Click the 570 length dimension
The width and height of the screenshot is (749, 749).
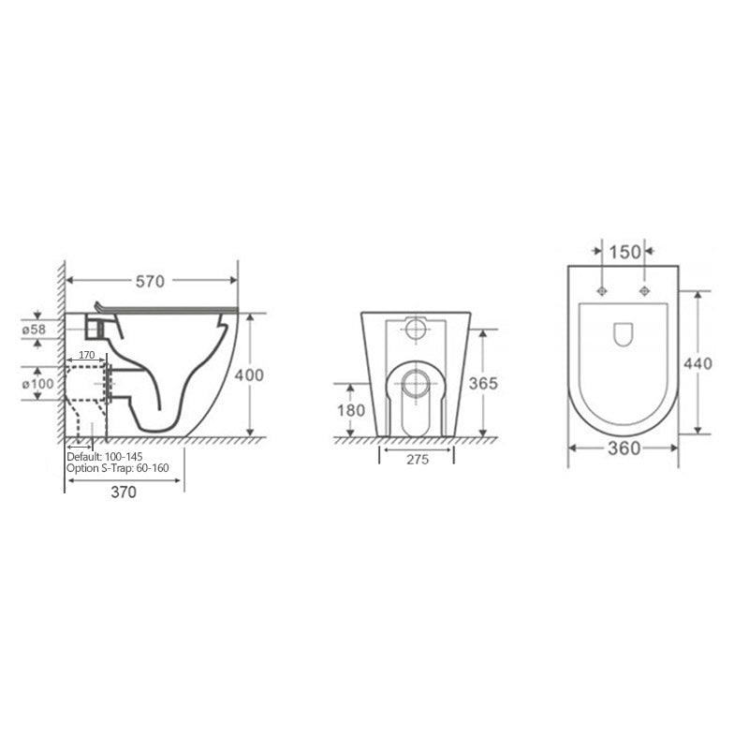coord(150,282)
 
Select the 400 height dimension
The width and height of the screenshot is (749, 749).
coord(249,375)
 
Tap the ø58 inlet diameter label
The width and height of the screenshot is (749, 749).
coord(34,330)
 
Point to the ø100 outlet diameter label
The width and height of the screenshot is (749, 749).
coord(37,384)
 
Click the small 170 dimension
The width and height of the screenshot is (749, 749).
coord(86,355)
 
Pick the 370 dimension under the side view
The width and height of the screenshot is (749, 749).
coord(124,492)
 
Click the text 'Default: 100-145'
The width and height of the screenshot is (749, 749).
coord(105,457)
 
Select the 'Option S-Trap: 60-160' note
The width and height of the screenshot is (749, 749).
coord(118,468)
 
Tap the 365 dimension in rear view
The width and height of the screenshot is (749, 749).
coord(483,383)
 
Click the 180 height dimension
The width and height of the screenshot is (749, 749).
coord(351,410)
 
